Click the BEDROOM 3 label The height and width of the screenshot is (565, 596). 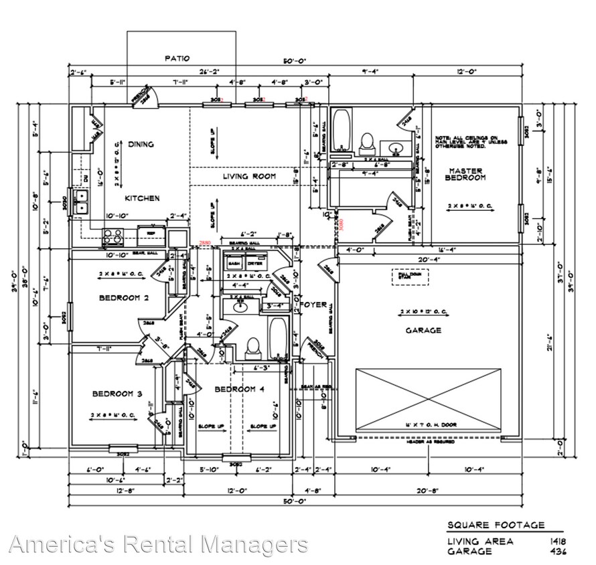pos(117,394)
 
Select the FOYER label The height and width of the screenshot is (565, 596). pos(313,305)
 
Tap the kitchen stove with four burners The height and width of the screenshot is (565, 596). pos(113,235)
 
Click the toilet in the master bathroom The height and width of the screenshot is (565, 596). pos(366,141)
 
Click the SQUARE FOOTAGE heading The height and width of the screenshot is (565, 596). pos(496,526)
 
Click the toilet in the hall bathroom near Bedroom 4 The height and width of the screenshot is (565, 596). pos(253,346)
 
